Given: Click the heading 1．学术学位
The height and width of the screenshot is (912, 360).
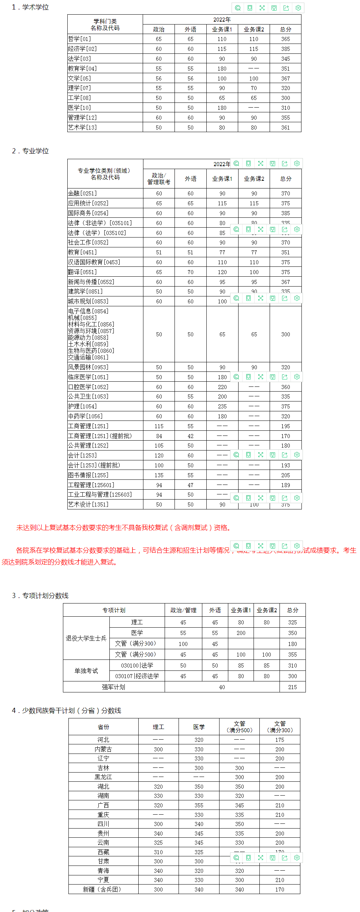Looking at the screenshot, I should pos(30,7).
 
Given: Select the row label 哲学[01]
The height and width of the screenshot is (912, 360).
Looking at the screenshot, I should pos(79,39).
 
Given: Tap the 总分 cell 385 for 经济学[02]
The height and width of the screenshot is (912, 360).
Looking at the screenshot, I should pos(285,49).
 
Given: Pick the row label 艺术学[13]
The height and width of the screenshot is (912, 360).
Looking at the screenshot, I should pos(82,127).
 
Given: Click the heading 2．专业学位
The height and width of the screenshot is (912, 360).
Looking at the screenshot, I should pos(30,151).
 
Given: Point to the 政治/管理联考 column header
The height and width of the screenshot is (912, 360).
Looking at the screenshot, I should pos(159,179).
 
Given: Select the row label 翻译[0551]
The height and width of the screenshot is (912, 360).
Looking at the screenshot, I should pos(82,272).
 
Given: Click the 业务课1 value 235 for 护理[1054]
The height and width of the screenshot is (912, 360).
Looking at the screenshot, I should pos(222,406).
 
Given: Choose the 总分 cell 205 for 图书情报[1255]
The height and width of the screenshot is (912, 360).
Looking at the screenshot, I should pos(285,475).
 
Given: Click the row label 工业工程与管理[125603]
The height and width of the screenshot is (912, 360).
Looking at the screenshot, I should pos(100,494).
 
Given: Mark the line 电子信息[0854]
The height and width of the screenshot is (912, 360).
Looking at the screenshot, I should pos(88,311).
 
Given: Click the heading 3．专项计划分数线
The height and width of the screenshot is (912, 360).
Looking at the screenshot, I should pos(40,595).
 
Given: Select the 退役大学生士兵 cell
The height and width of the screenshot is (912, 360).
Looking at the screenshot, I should pos(86,638).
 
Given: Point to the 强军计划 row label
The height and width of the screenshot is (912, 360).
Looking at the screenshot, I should pos(113,687).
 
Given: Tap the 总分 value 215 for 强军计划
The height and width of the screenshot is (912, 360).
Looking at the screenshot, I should pos(292,687).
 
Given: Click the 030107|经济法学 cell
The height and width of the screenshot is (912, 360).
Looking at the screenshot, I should pos(137,676).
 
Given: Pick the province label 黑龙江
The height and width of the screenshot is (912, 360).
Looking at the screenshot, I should pos(103,777).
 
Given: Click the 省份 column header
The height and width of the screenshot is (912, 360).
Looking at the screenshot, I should pos(103,727).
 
